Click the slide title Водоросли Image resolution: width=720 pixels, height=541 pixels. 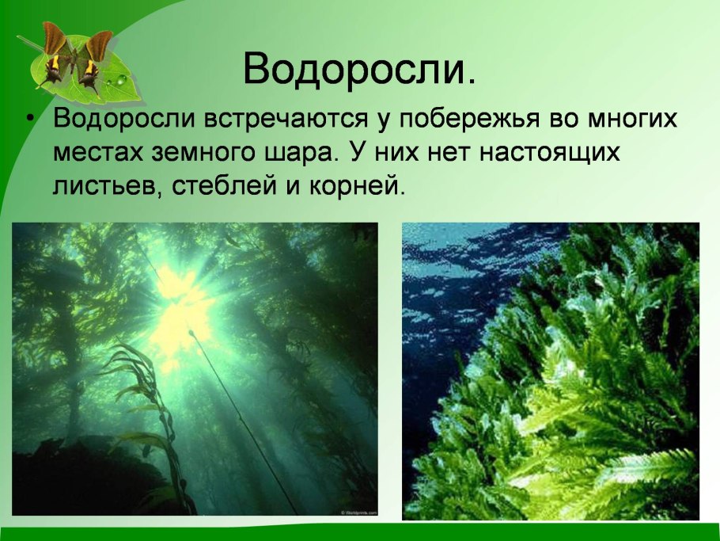(x=360, y=70)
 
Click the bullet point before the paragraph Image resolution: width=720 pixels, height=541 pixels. (x=30, y=119)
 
